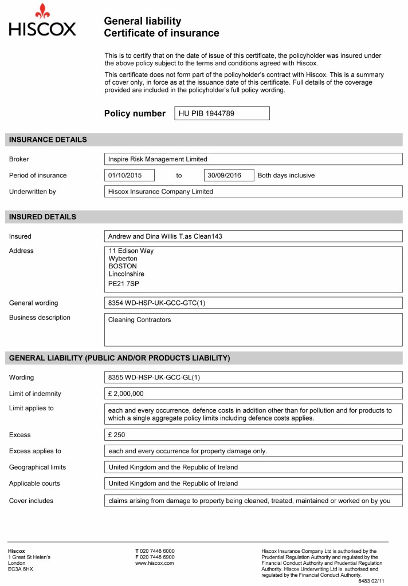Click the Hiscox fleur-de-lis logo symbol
pos(42,11)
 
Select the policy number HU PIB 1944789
pos(206,113)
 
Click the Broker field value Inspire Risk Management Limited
pos(158,159)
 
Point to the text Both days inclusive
pos(286,175)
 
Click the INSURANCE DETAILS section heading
pos(48,140)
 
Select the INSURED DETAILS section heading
pos(42,217)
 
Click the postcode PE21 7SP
pos(124,283)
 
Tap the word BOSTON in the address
pos(123,266)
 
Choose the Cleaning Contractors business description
pos(139,320)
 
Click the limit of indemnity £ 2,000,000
pos(125,394)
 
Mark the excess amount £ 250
pos(116,435)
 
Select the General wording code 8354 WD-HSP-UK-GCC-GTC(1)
pos(156,303)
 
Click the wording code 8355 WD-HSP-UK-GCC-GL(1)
pos(154,378)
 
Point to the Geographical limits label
pos(37,468)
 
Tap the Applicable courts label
pos(34,484)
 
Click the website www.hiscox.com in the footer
pos(154,564)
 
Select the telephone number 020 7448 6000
pos(158,551)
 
